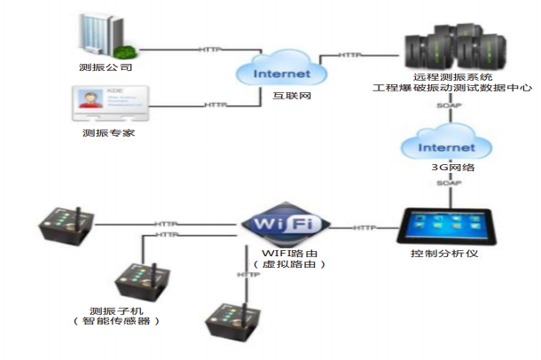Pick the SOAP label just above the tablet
point(447,183)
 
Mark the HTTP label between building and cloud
point(209,49)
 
